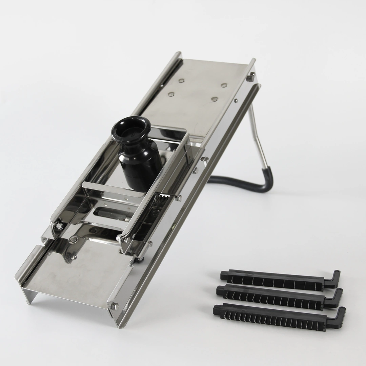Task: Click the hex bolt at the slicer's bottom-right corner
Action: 115,306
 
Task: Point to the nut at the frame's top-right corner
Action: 250,78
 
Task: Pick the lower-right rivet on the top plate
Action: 214,99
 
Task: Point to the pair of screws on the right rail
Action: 200,164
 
